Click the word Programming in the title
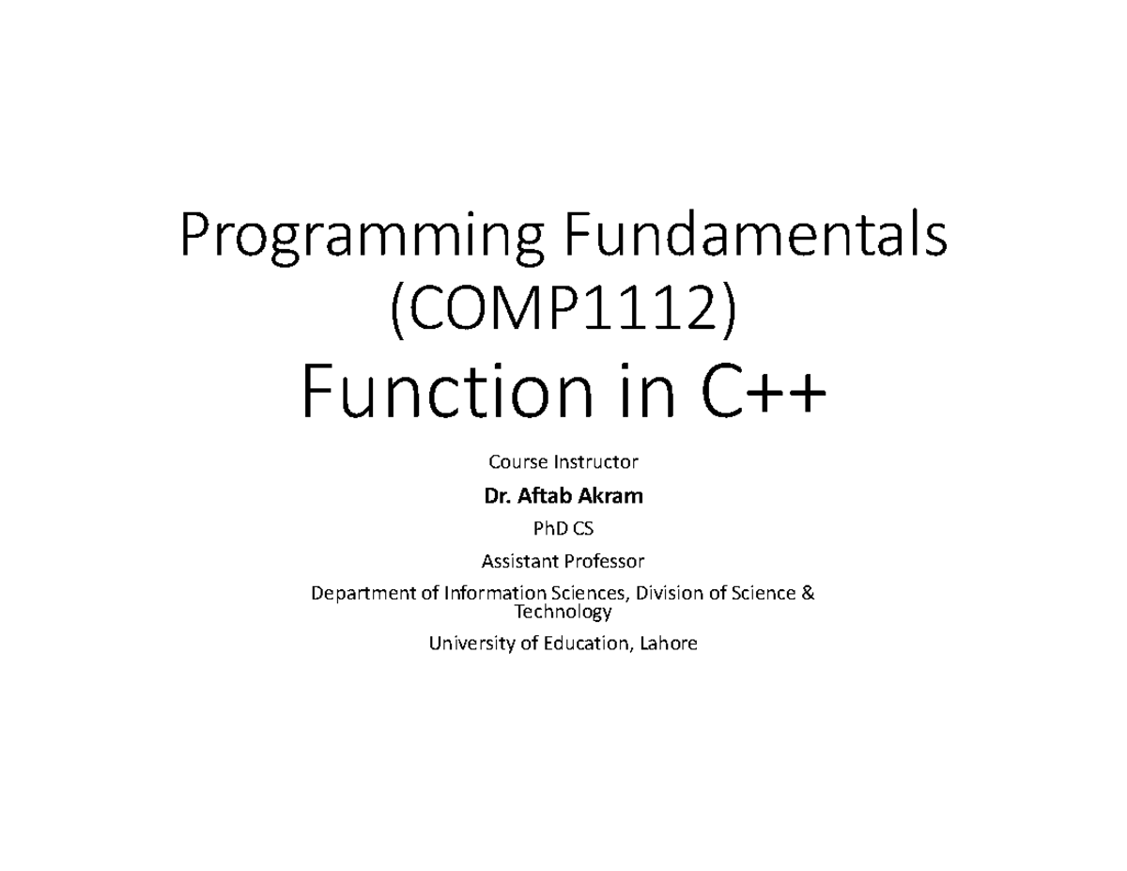(x=362, y=238)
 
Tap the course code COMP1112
(x=563, y=310)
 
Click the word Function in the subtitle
(x=447, y=391)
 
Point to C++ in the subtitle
(x=763, y=392)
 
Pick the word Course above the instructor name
(x=518, y=461)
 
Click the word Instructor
(x=596, y=461)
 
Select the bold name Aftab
(x=545, y=496)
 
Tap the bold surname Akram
(x=610, y=496)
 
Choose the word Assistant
(x=519, y=561)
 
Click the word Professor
(x=604, y=561)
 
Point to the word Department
(x=363, y=594)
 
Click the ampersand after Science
(x=808, y=593)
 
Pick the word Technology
(x=563, y=612)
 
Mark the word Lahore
(x=669, y=644)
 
